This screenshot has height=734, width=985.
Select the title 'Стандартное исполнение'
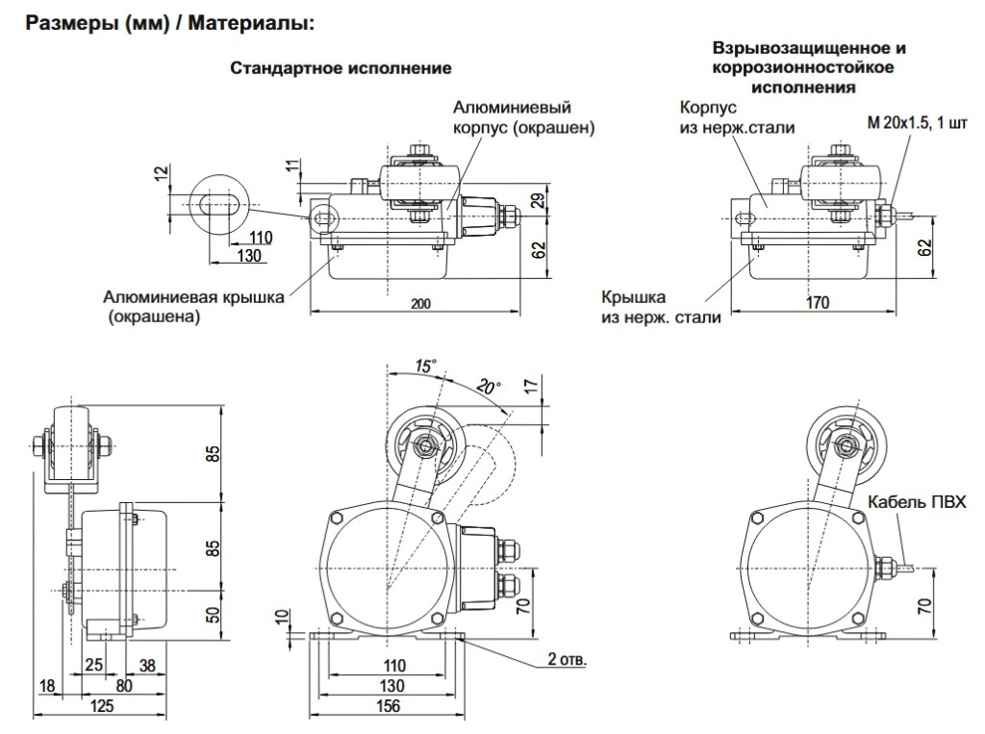click(x=341, y=69)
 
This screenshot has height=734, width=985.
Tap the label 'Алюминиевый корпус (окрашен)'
click(x=523, y=117)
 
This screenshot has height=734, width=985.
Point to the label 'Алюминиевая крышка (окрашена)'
click(x=193, y=306)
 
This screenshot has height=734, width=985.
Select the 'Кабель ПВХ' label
click(x=916, y=502)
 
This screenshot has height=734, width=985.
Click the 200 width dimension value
click(x=419, y=304)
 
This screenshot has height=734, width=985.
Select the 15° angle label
click(x=425, y=365)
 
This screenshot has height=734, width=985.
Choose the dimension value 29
click(x=539, y=200)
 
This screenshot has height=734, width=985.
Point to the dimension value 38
click(x=148, y=665)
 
